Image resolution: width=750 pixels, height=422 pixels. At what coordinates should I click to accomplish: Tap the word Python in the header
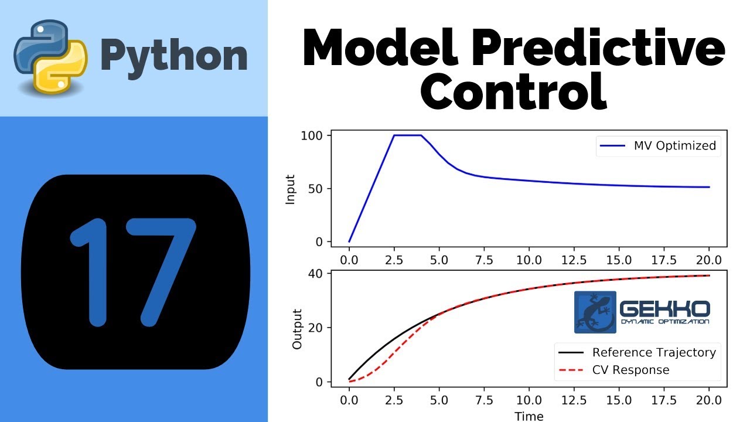(x=174, y=56)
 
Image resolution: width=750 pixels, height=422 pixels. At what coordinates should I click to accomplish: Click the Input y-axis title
(x=290, y=189)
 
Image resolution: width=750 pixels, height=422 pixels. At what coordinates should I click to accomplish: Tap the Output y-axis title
(x=297, y=329)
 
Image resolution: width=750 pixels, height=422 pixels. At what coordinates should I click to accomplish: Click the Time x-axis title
(x=529, y=416)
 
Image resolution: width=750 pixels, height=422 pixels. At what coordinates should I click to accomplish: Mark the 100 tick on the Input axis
(x=312, y=135)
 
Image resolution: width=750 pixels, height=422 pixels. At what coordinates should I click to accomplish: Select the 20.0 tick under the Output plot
(x=709, y=402)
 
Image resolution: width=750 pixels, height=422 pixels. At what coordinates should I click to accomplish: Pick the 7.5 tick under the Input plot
(x=484, y=260)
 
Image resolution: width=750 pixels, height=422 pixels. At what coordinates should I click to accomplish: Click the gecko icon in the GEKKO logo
(x=595, y=312)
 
